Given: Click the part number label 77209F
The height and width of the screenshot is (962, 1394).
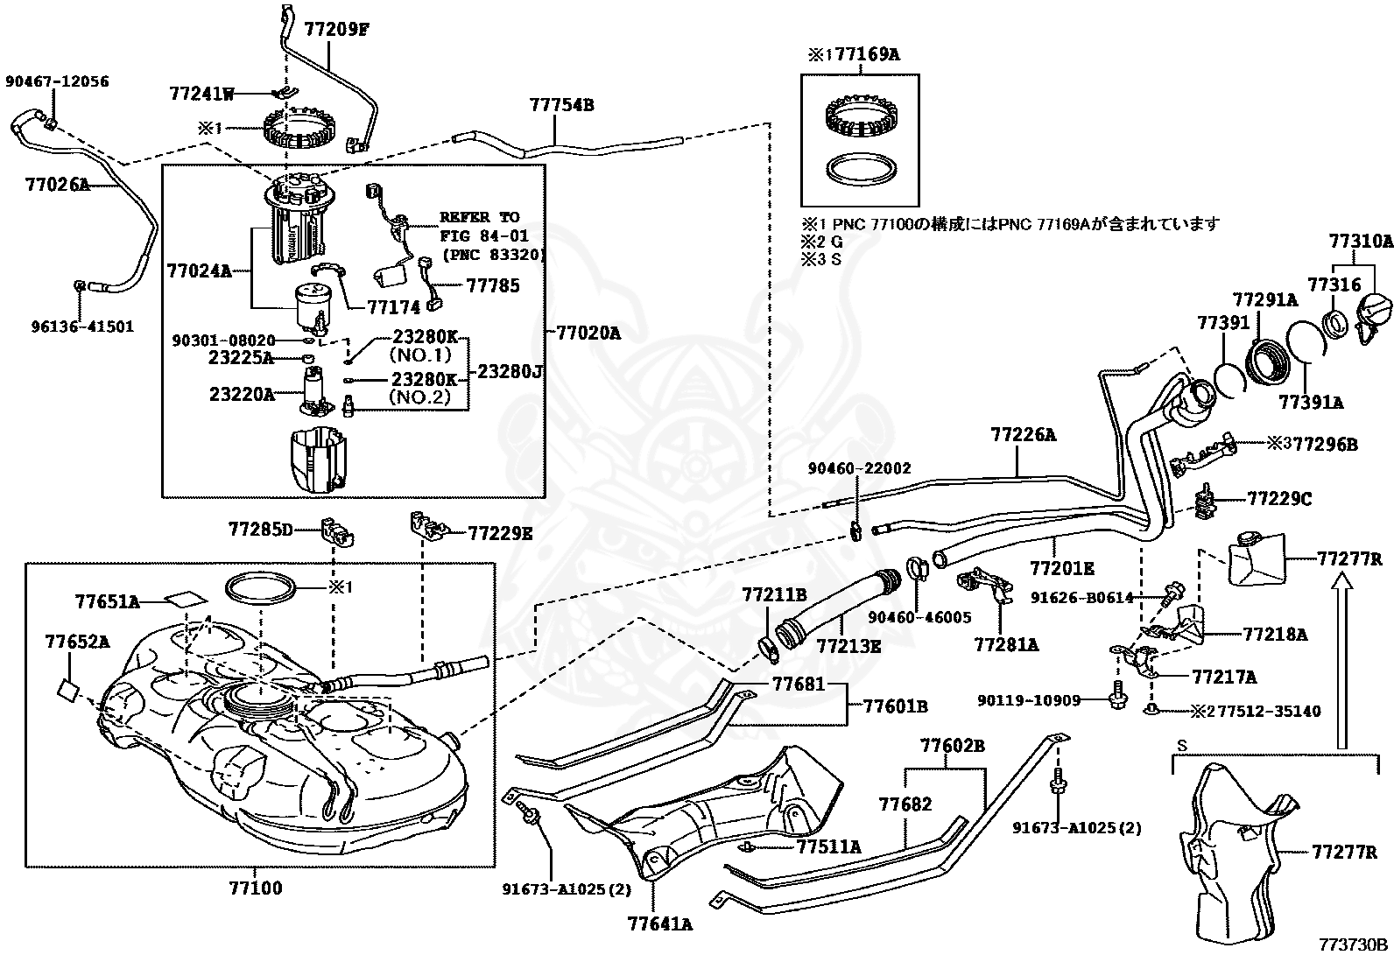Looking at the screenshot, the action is coord(336,29).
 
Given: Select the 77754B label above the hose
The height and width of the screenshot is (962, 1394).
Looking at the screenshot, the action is coord(561,104).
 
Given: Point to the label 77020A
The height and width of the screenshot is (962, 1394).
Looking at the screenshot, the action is coord(588,333).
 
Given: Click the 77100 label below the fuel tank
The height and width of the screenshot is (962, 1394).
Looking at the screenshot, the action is coord(256,888).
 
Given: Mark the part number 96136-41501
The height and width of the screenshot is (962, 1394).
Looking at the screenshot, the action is coord(83,326).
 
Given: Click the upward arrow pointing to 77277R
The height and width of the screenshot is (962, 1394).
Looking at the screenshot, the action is coord(1342,661).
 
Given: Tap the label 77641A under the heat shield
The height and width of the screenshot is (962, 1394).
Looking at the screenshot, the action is coord(659,924).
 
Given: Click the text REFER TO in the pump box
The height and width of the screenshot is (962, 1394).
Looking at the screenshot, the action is coord(479,217).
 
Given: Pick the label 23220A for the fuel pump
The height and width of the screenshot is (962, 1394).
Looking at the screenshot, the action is coord(242,394).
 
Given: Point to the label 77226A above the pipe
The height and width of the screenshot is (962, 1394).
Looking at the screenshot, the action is coord(1023,434).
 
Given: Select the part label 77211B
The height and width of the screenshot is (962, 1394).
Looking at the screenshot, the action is coord(774,595).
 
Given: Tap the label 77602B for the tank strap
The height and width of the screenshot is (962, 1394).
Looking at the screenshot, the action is coord(952,745).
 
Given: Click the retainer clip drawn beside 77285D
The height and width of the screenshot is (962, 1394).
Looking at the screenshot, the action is coord(336,530).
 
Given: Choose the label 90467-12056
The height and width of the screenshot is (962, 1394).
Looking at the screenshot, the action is coord(57,81).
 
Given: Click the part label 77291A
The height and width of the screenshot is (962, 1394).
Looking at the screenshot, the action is coord(1265,300).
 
